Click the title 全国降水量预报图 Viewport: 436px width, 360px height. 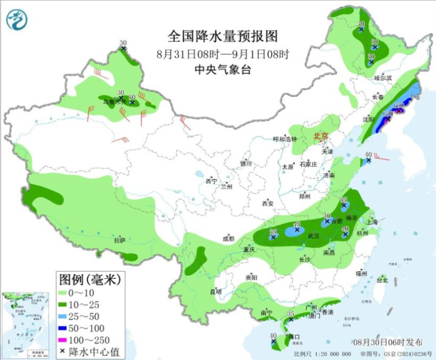[x=222, y=36]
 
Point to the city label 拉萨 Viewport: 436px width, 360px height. [x=120, y=240]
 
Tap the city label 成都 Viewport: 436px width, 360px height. [x=229, y=238]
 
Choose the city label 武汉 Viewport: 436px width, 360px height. [x=313, y=236]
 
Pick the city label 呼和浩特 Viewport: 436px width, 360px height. [x=285, y=139]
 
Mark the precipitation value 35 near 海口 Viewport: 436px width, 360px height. [x=290, y=314]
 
